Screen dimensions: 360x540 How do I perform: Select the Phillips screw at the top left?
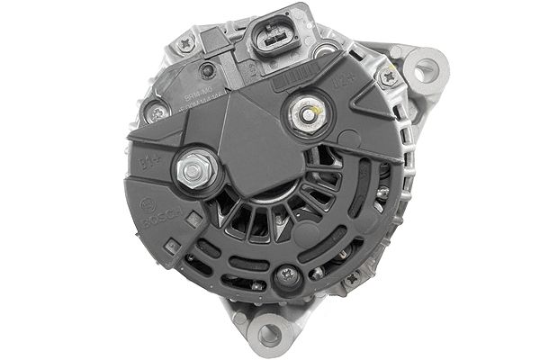tap(187, 41)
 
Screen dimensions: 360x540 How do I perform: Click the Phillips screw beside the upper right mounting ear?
tap(390, 78)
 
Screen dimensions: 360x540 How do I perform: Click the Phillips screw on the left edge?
tap(157, 112)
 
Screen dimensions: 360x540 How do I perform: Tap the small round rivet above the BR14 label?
tap(209, 70)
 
